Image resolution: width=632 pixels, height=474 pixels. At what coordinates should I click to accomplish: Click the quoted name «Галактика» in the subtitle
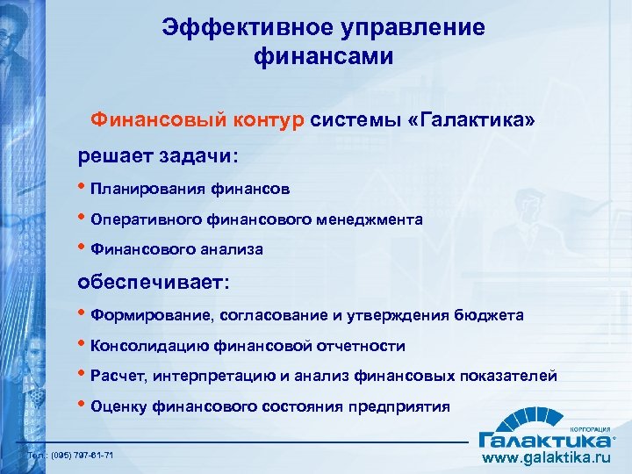[x=470, y=118]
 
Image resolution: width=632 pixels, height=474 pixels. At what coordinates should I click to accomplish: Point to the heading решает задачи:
[x=157, y=155]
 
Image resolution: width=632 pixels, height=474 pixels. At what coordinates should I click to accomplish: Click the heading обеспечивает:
[x=154, y=284]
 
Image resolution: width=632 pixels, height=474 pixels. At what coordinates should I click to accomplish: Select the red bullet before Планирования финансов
[x=84, y=188]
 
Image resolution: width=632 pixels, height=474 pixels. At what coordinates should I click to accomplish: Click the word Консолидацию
[x=146, y=346]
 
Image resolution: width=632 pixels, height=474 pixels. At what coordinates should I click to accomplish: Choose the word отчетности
[x=361, y=346]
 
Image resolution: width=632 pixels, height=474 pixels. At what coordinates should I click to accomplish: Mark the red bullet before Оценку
[x=84, y=406]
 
